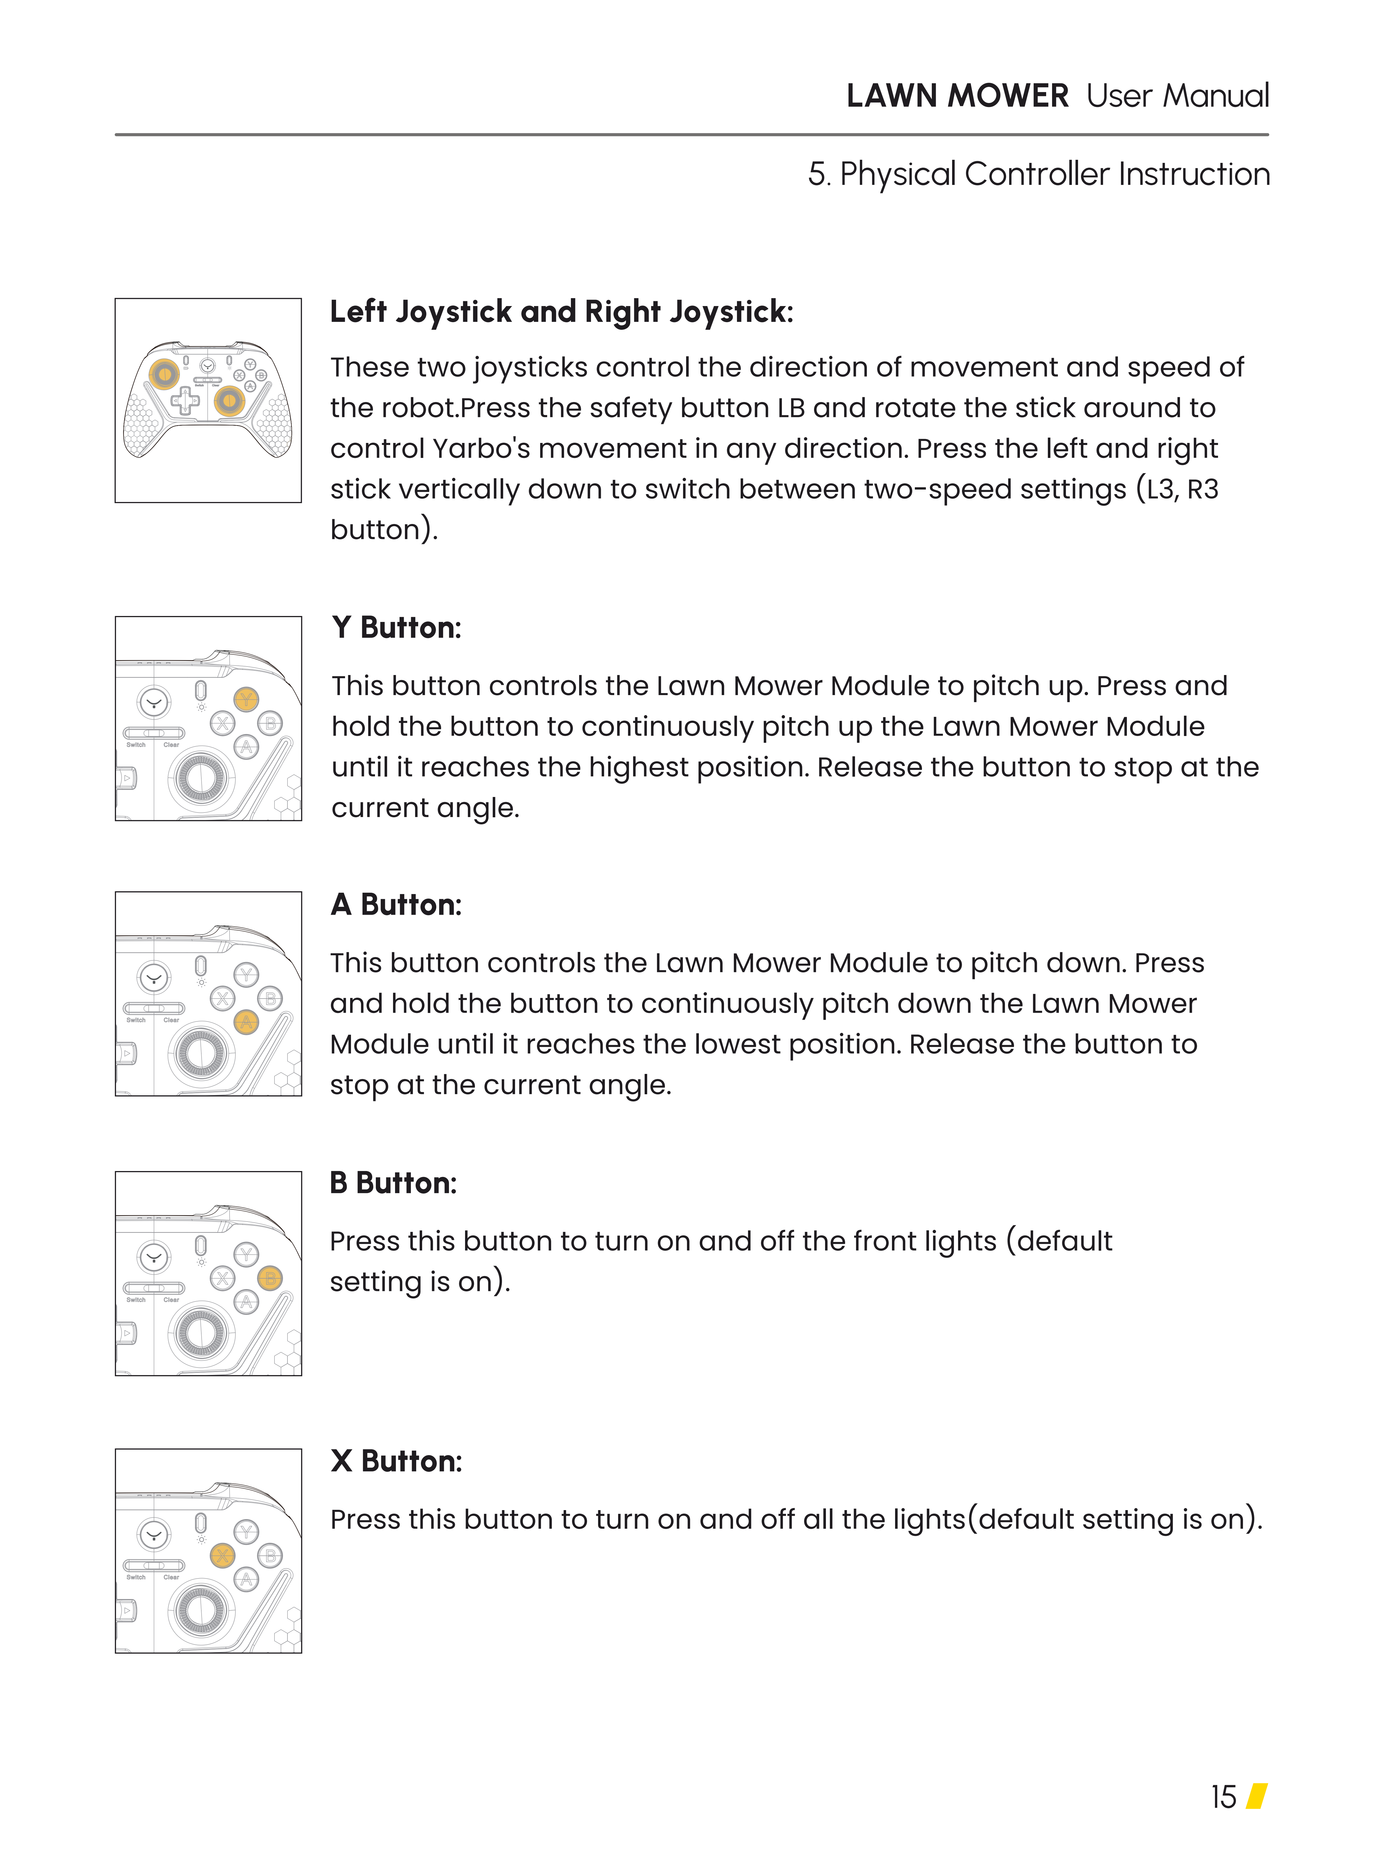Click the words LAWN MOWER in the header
pos(957,96)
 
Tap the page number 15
pos(1223,1797)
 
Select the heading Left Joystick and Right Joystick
pos(561,311)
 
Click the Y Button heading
pos(396,628)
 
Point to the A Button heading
pos(396,905)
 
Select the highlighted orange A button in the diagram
pos(246,1022)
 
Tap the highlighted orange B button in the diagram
pos(270,1278)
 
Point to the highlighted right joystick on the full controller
pos(228,401)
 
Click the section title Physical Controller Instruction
pos(1055,174)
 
